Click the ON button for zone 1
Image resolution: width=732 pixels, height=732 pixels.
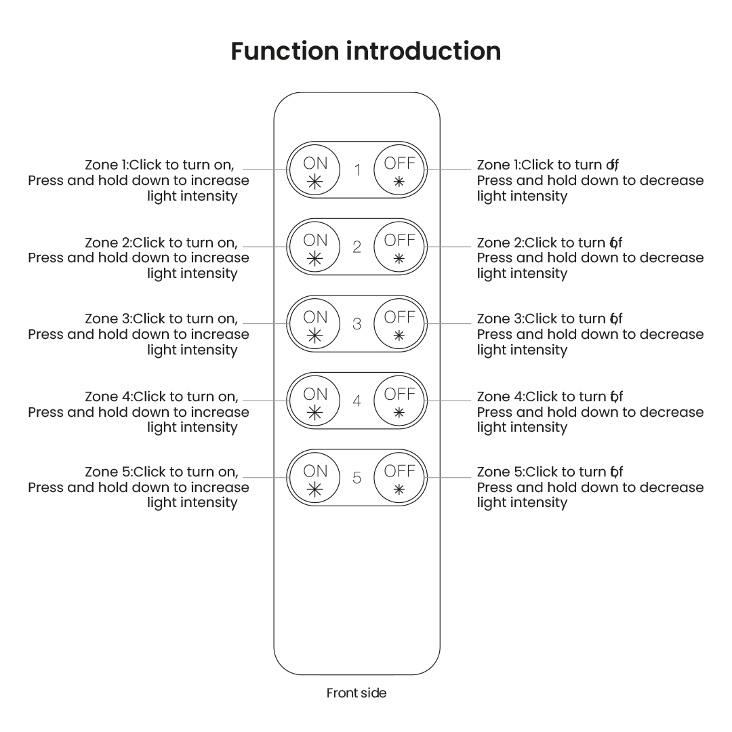315,170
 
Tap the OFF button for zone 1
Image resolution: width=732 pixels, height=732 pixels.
399,170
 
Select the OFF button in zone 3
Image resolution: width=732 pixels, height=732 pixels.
399,324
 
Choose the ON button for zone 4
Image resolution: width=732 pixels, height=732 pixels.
315,401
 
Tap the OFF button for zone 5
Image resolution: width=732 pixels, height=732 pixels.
399,478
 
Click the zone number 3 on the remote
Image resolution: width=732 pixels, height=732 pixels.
357,324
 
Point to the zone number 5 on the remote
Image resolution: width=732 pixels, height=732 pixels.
357,478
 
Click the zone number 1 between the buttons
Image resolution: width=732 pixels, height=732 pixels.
357,170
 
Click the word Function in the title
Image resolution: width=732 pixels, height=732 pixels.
285,52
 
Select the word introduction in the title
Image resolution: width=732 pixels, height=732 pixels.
424,52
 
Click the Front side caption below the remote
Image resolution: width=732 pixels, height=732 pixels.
357,693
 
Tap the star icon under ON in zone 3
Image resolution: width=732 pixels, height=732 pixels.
315,335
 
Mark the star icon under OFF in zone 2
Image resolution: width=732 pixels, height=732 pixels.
399,258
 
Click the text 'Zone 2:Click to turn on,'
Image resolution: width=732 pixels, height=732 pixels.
161,243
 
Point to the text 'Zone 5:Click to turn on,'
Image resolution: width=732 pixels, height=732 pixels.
161,472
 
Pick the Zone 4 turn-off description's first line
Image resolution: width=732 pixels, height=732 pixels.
549,396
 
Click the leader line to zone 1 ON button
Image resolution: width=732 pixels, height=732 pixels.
264,169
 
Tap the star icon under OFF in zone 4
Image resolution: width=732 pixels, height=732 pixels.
399,412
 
